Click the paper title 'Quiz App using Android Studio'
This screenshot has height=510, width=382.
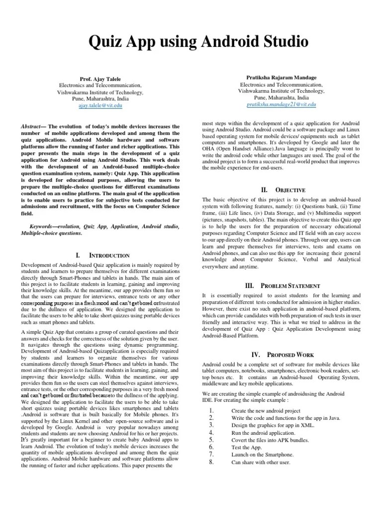pyautogui.click(x=191, y=41)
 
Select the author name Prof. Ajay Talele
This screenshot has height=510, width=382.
pyautogui.click(x=101, y=79)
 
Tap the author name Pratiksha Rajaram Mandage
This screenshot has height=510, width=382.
pyautogui.click(x=281, y=78)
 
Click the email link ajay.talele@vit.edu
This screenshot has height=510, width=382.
pyautogui.click(x=101, y=106)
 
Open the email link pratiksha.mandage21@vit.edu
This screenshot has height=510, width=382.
pyautogui.click(x=281, y=105)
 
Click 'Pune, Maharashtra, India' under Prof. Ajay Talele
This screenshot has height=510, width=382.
pyautogui.click(x=101, y=99)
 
